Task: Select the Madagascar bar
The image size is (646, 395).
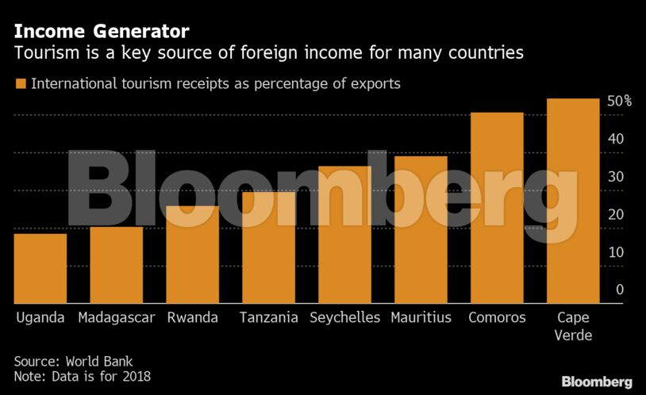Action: pyautogui.click(x=116, y=265)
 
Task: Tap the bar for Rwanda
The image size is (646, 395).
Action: pyautogui.click(x=192, y=255)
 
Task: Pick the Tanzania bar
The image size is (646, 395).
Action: pyautogui.click(x=268, y=247)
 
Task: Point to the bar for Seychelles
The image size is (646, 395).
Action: pyautogui.click(x=344, y=235)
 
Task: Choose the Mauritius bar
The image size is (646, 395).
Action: pyautogui.click(x=421, y=230)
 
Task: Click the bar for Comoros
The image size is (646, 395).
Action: pyautogui.click(x=497, y=208)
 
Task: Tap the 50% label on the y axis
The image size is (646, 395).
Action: pyautogui.click(x=619, y=102)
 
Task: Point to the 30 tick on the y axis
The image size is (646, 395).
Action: pyautogui.click(x=615, y=177)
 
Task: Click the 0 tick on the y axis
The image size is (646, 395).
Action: pyautogui.click(x=620, y=290)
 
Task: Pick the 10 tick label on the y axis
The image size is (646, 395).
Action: pyautogui.click(x=615, y=252)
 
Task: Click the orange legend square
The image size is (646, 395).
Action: pyautogui.click(x=21, y=83)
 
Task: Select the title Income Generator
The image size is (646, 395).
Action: pyautogui.click(x=102, y=32)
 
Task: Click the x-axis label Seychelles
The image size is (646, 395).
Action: pyautogui.click(x=344, y=318)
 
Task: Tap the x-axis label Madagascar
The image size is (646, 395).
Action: pyautogui.click(x=116, y=318)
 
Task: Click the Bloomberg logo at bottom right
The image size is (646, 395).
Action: pyautogui.click(x=597, y=382)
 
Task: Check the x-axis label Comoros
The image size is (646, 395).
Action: pyautogui.click(x=497, y=318)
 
